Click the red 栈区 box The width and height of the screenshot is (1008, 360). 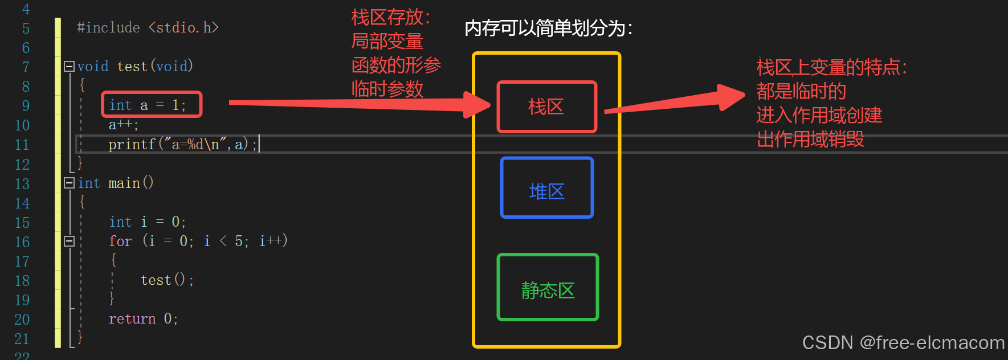(x=546, y=107)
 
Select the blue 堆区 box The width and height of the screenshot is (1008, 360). (x=546, y=188)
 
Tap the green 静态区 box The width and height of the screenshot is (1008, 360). (x=548, y=287)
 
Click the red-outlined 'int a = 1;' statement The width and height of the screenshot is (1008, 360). (x=152, y=105)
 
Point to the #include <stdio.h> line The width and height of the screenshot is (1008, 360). (x=148, y=28)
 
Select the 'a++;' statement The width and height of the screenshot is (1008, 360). (x=123, y=125)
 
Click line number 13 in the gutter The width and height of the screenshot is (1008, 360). (x=22, y=184)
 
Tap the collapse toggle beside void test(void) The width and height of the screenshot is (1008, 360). (x=69, y=67)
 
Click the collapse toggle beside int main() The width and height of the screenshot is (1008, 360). (x=69, y=183)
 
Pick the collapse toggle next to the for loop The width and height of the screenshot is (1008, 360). (x=69, y=242)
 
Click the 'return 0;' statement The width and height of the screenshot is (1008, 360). (x=143, y=319)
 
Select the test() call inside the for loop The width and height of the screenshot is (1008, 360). (x=166, y=280)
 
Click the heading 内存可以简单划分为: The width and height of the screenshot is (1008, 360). (x=548, y=28)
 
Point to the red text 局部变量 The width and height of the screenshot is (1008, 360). (x=387, y=41)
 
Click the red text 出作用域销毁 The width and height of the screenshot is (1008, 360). (x=810, y=139)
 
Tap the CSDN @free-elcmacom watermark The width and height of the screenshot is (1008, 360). (x=903, y=342)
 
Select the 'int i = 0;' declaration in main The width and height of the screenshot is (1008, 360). (x=147, y=222)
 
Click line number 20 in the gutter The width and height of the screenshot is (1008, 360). (x=22, y=320)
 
